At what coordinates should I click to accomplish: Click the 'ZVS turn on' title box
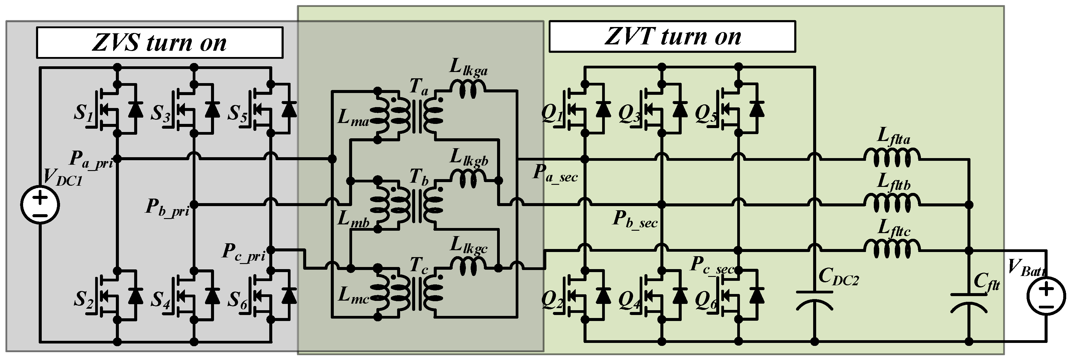(x=160, y=42)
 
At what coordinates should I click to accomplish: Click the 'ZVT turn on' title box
(x=672, y=37)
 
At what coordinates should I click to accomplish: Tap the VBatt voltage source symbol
(x=1046, y=296)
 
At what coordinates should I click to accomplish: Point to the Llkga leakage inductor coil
(x=468, y=90)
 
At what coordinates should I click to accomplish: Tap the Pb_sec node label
(x=635, y=219)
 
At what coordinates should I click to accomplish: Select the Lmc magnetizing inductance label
(x=353, y=295)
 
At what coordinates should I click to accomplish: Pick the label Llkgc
(x=469, y=245)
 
